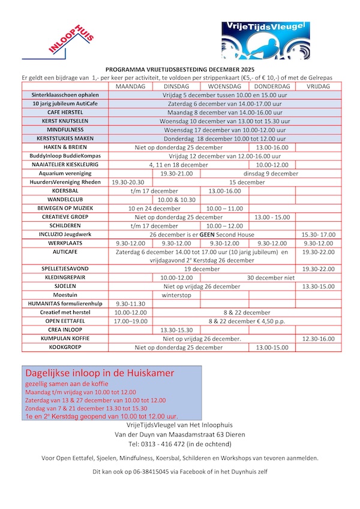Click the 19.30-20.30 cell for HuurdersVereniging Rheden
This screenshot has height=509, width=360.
pos(130,182)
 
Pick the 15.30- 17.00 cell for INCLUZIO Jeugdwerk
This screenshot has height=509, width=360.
pos(319,234)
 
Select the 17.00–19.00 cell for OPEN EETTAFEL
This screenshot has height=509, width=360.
pos(130,321)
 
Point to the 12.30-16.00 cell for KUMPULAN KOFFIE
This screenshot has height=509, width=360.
pos(319,339)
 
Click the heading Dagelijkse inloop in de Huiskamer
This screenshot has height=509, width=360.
pos(100,373)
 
